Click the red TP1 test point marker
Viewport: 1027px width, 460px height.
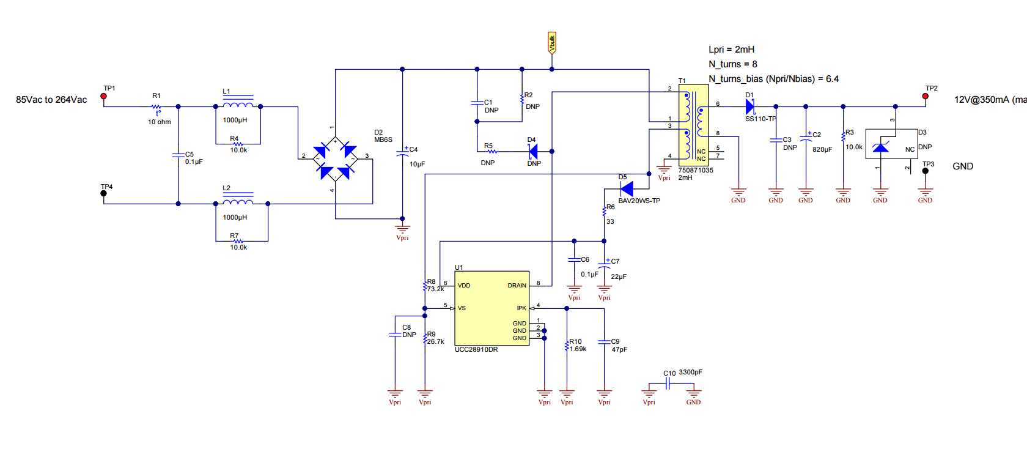click(x=104, y=96)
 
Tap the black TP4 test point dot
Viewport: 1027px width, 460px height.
click(x=104, y=193)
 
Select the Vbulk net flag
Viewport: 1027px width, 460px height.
click(x=551, y=43)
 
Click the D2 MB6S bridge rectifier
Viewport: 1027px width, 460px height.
click(x=335, y=158)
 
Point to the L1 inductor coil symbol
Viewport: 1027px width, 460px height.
click(x=238, y=105)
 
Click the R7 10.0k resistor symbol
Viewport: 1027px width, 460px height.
click(x=238, y=241)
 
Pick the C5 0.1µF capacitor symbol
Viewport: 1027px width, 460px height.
click(x=179, y=155)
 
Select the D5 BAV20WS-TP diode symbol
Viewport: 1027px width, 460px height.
click(x=627, y=188)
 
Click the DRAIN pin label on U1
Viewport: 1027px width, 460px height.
click(x=517, y=286)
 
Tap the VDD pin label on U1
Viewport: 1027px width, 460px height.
click(x=464, y=286)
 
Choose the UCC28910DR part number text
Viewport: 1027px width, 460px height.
click(x=476, y=350)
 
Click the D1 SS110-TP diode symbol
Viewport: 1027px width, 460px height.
click(x=750, y=106)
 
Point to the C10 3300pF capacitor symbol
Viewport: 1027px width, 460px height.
click(x=668, y=384)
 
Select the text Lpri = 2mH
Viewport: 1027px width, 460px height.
click(x=731, y=50)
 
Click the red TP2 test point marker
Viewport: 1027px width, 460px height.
click(x=925, y=96)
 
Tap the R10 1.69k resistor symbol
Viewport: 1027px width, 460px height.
click(x=567, y=346)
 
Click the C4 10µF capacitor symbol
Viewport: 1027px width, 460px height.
click(x=402, y=152)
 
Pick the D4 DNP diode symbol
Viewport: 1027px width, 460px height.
click(x=533, y=151)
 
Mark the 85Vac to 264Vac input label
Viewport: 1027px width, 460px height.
click(x=51, y=100)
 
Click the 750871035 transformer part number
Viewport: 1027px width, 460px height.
click(x=696, y=171)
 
